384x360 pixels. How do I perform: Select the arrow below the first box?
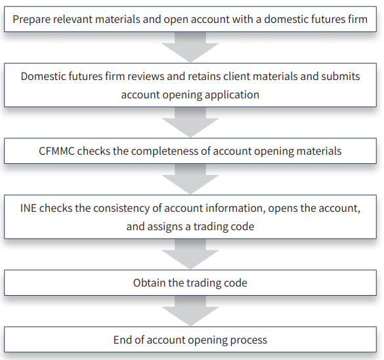[x=190, y=47]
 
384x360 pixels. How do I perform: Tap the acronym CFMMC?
[x=56, y=151]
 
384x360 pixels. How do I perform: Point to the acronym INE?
[x=28, y=208]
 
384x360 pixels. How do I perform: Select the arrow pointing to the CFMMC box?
[x=190, y=122]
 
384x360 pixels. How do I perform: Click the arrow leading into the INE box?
[x=190, y=179]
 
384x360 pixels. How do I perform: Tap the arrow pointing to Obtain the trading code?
[x=190, y=254]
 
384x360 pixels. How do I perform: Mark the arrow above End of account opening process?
[x=190, y=311]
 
